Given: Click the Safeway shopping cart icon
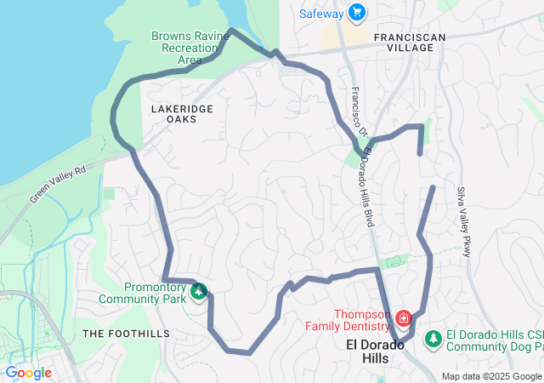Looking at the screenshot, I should click(x=356, y=13).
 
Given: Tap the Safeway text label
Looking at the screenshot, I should click(x=321, y=14).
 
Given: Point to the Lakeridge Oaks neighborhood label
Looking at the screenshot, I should click(x=174, y=114).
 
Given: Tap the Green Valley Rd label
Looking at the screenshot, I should click(x=59, y=184).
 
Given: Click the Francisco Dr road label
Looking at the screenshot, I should click(x=356, y=109).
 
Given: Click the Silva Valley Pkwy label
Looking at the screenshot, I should click(x=464, y=221).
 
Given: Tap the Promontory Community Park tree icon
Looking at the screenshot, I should click(x=199, y=292).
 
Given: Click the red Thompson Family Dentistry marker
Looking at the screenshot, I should click(x=402, y=320).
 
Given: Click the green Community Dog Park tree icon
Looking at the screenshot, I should click(x=433, y=338).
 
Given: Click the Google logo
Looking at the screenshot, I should click(x=28, y=373).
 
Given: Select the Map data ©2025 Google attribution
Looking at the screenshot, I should click(x=491, y=376).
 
